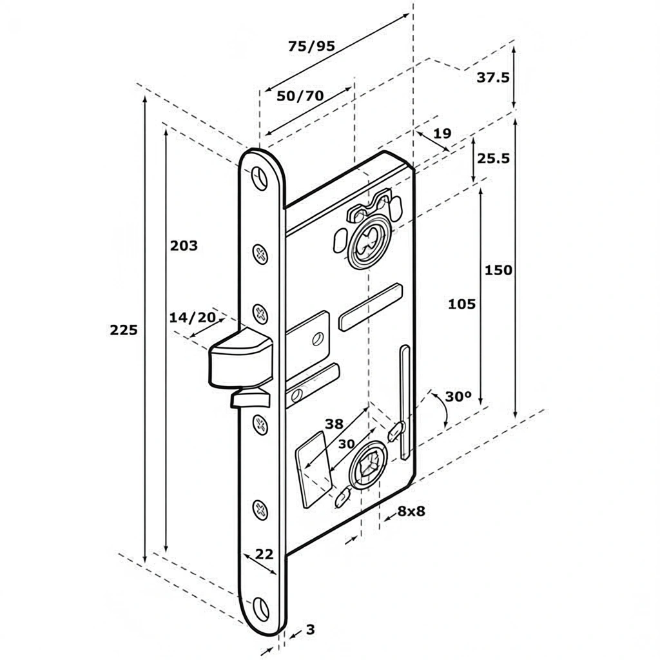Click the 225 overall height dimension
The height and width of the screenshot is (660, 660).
coord(124,330)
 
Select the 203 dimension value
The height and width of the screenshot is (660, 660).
coord(184,246)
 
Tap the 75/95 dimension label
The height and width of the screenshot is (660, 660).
coord(311,46)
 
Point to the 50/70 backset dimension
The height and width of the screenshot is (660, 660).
coord(300,96)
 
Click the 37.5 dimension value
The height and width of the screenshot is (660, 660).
coord(493,77)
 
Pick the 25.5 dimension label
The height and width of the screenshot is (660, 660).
coord(493,159)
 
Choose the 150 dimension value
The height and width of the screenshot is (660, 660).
coord(498,270)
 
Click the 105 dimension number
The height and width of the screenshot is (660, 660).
coord(461,304)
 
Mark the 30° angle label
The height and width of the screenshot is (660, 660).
coord(458,396)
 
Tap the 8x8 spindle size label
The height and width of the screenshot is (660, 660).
coord(411,511)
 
